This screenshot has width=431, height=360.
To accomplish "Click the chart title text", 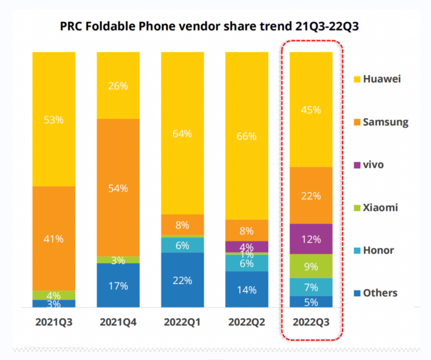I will pos(210,27).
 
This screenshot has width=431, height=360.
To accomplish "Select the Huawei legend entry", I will pos(381,79).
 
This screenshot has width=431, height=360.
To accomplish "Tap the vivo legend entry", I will pos(373,164).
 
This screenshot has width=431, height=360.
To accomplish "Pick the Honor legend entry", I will pos(378,250).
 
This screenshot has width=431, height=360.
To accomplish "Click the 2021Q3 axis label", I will pos(54,322).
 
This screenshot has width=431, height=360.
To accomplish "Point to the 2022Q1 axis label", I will pos(183,322).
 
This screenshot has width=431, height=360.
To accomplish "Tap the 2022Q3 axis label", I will pos(311,322).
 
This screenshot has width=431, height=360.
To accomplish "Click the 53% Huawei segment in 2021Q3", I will pos(54,119).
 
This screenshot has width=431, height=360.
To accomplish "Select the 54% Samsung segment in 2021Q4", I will pos(118,188).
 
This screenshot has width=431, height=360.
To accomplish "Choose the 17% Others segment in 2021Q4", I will pos(118,285).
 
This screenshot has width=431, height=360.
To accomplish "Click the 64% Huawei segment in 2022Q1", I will pos(183,133).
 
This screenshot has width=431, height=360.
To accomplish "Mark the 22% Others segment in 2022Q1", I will pos(183,280).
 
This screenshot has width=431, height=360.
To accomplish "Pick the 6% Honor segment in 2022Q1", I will pos(183,245).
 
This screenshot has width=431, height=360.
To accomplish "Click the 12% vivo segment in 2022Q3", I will pos(311,239).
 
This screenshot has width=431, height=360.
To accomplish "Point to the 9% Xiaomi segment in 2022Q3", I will pos(311,266).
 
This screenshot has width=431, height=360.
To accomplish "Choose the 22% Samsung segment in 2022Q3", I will pos(311,196).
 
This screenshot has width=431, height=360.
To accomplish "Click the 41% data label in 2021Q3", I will pos(54,238).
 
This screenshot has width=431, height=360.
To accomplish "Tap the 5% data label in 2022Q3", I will pos(311,302).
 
